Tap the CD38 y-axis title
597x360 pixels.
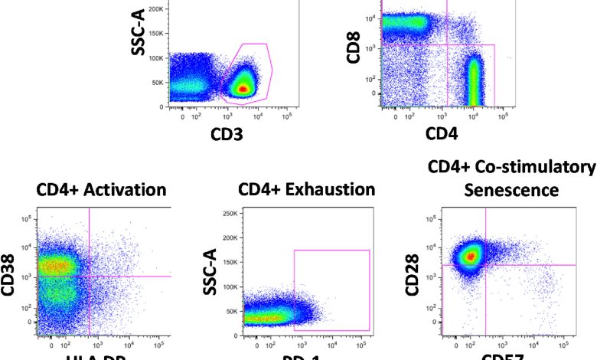tap(10, 275)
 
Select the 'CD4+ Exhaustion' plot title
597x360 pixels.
tap(306, 189)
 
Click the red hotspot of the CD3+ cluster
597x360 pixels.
tap(243, 89)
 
